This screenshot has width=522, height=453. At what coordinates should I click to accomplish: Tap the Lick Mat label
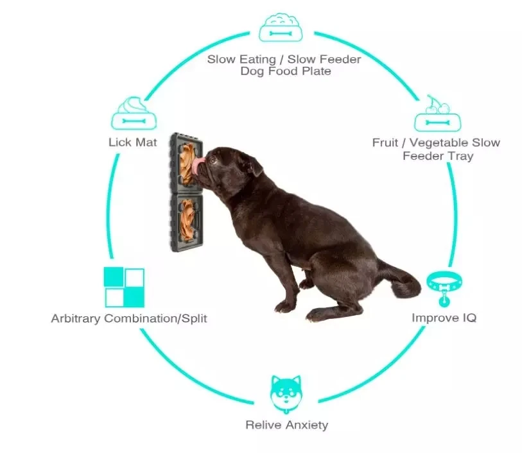(x=133, y=142)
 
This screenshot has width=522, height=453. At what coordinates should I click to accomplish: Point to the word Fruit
(x=385, y=142)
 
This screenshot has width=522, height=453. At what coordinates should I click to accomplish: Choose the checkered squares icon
(x=124, y=287)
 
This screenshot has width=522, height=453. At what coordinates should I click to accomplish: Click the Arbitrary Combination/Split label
(x=129, y=318)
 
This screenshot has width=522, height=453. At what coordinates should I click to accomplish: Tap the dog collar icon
(x=442, y=286)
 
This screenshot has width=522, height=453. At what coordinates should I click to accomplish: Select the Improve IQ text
(x=444, y=318)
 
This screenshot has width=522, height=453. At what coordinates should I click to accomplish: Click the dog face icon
(x=286, y=393)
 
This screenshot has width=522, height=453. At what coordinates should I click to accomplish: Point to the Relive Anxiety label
(x=286, y=425)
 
